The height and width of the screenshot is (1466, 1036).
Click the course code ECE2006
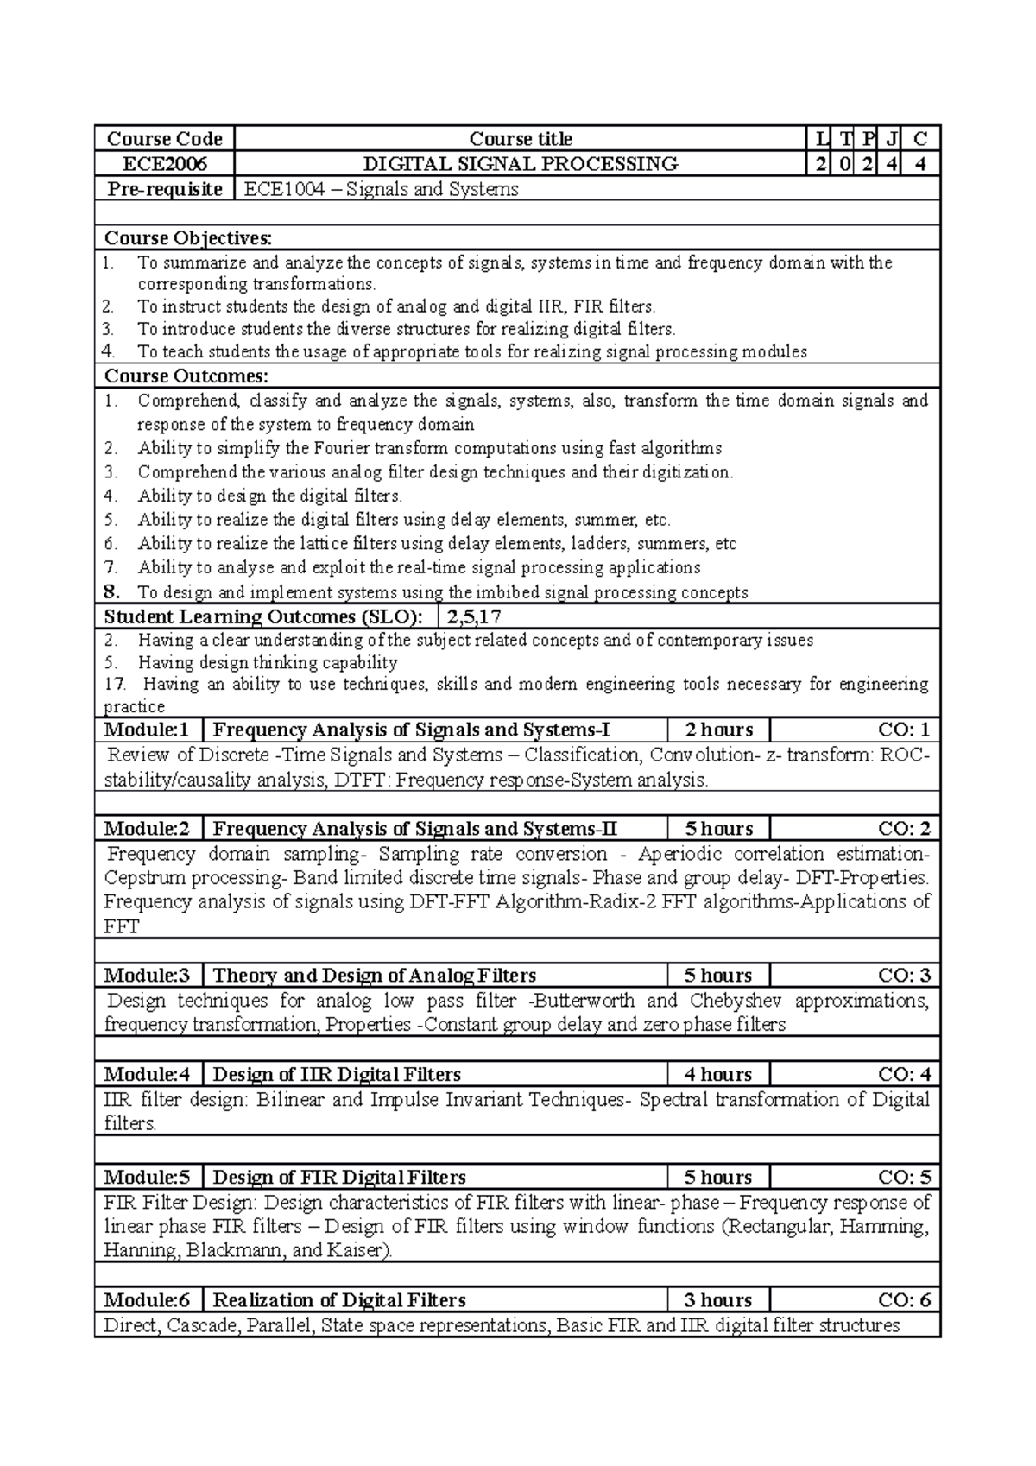pyautogui.click(x=164, y=164)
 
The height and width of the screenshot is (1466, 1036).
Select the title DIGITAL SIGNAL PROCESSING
pyautogui.click(x=520, y=164)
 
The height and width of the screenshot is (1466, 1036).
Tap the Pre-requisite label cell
pyautogui.click(x=164, y=189)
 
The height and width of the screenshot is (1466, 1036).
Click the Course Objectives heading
pyautogui.click(x=187, y=238)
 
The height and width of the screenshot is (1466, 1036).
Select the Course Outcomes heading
pyautogui.click(x=186, y=376)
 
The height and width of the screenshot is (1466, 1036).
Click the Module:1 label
pyautogui.click(x=147, y=730)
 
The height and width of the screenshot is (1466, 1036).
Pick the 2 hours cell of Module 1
pyautogui.click(x=718, y=730)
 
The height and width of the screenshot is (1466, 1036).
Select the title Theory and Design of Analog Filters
pyautogui.click(x=374, y=976)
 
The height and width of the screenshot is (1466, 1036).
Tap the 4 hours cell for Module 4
pyautogui.click(x=718, y=1075)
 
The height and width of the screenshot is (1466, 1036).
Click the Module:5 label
pyautogui.click(x=147, y=1178)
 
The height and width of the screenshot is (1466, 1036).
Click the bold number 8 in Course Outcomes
pyautogui.click(x=111, y=592)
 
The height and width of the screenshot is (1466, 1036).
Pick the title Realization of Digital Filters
pyautogui.click(x=339, y=1300)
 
